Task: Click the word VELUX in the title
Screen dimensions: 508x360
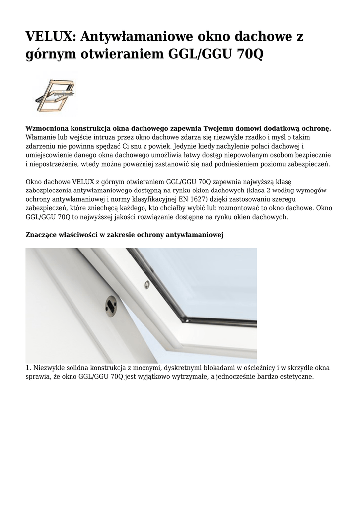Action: pyautogui.click(x=49, y=37)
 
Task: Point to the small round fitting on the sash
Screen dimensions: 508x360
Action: pyautogui.click(x=146, y=283)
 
